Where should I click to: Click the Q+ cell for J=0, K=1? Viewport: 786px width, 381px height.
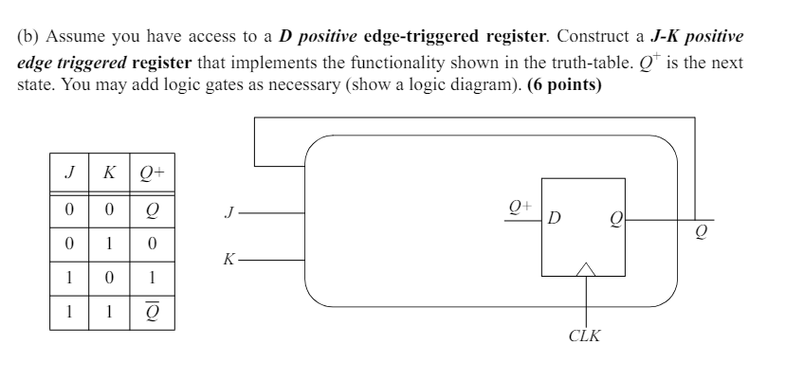[x=152, y=244]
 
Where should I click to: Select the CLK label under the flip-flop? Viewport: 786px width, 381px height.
[x=585, y=336]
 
